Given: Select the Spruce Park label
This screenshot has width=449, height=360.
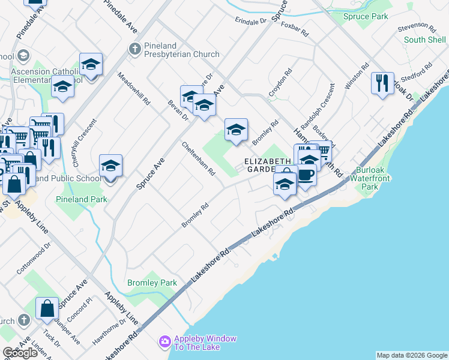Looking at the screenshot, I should pyautogui.click(x=366, y=17).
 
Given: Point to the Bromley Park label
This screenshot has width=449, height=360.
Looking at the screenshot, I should pyautogui.click(x=152, y=283).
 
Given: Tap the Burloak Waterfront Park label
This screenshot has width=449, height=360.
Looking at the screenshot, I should pyautogui.click(x=373, y=178).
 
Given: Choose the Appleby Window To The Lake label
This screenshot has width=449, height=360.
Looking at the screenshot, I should pyautogui.click(x=205, y=343).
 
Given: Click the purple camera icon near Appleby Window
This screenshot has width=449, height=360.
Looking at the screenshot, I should pyautogui.click(x=164, y=342).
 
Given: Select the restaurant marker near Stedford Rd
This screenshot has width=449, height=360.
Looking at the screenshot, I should pyautogui.click(x=382, y=83).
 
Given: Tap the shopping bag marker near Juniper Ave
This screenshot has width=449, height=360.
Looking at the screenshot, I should pyautogui.click(x=47, y=308).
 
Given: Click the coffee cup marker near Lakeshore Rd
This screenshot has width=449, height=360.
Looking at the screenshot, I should pyautogui.click(x=306, y=176).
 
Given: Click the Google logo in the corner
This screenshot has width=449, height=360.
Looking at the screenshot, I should pyautogui.click(x=20, y=353).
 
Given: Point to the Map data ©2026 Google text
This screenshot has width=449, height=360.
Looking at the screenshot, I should pyautogui.click(x=411, y=355).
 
